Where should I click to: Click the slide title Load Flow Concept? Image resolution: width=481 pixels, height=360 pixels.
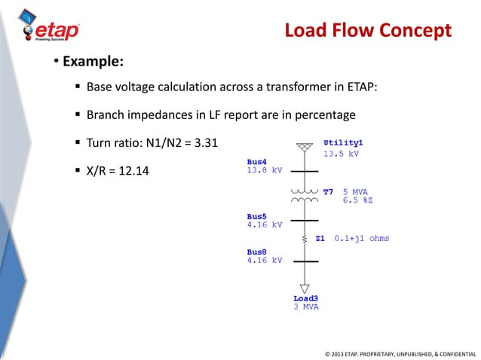pos(368,30)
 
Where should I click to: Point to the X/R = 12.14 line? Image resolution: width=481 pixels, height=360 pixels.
pos(118,172)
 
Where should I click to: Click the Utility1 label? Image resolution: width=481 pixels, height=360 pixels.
pos(343,142)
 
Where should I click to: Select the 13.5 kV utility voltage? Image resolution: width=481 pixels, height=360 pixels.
pos(341,154)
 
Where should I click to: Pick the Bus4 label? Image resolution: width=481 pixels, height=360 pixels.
pos(258,161)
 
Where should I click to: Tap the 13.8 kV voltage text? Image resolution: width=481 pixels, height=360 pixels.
pos(264,170)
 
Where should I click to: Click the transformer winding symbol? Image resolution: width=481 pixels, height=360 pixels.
pos(305,196)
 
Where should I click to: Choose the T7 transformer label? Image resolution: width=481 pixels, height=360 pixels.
pos(329,192)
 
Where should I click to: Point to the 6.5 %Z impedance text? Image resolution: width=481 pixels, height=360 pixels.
pos(359,201)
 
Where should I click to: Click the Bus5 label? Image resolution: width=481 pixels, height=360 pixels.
pos(258,215)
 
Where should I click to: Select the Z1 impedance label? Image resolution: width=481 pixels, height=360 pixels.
pos(320,238)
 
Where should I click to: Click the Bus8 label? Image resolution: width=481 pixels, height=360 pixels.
pos(258,252)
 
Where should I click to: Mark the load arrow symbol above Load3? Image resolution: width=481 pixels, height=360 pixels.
pos(305,288)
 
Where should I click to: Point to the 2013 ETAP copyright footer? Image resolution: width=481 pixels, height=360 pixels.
pos(400,352)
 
